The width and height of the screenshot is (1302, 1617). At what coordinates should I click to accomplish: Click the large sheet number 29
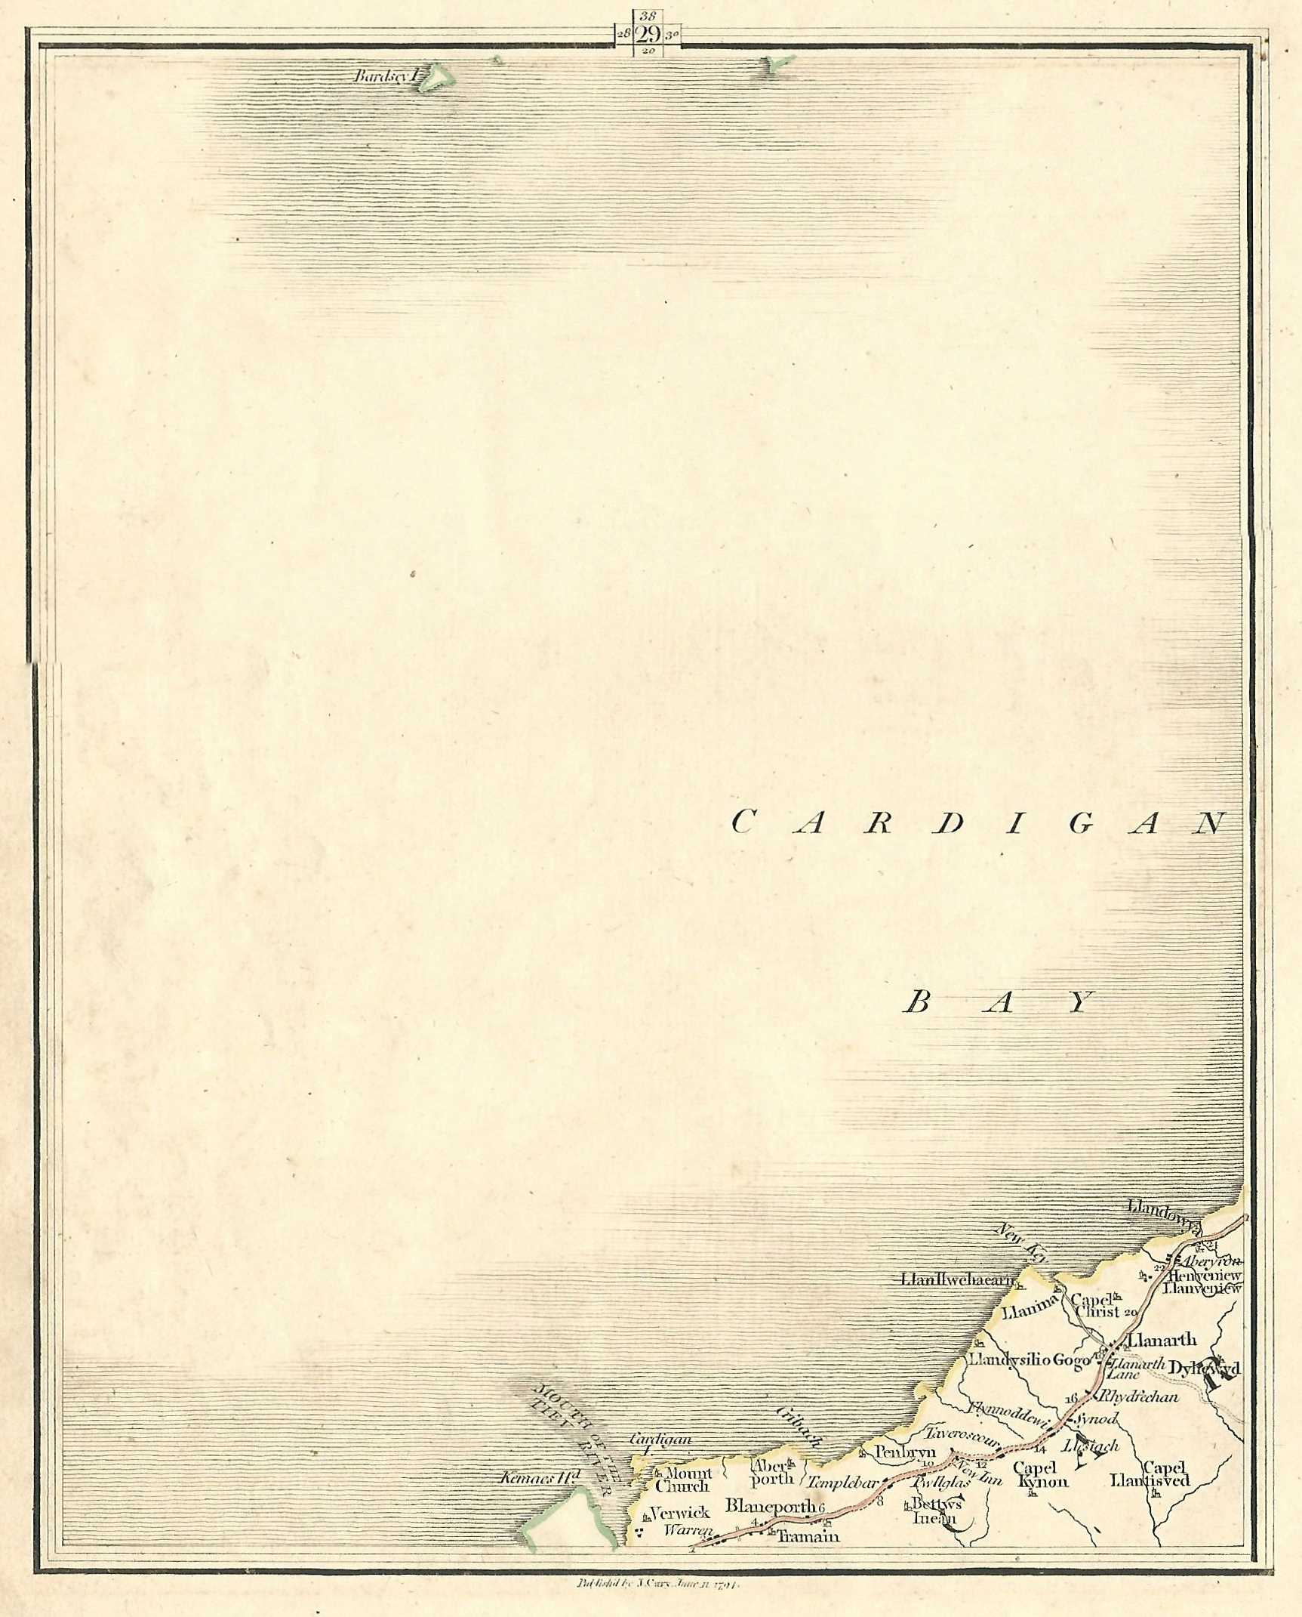click(x=649, y=34)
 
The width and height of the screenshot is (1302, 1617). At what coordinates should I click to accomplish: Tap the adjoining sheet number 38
click(x=648, y=15)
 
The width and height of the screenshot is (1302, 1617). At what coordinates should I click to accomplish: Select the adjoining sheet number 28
click(x=623, y=34)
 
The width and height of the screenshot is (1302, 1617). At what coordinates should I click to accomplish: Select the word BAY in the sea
click(x=999, y=1003)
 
